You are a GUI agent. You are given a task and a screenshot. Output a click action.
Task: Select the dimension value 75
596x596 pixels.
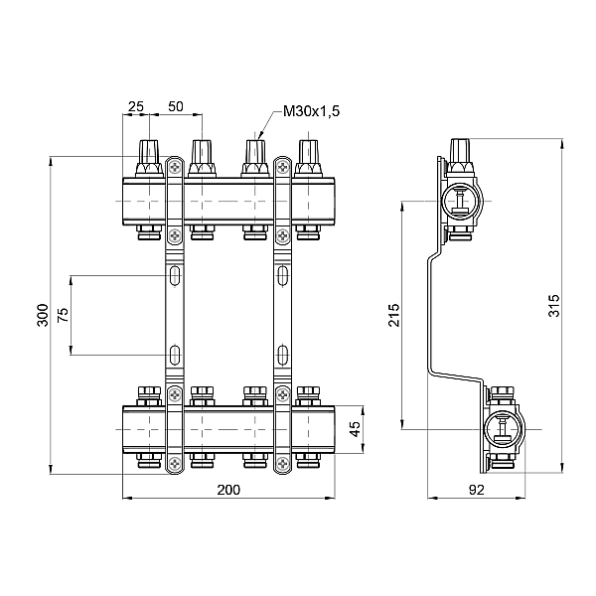click(65, 314)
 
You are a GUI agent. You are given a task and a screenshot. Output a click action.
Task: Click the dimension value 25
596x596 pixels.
click(136, 106)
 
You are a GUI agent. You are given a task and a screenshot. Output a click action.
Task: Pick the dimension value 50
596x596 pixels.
click(176, 106)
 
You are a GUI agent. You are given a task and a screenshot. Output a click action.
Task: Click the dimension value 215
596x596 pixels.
click(393, 315)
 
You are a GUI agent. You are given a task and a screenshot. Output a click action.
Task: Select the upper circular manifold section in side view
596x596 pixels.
click(463, 202)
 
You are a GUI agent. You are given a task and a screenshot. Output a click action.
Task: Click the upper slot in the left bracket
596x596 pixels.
click(175, 274)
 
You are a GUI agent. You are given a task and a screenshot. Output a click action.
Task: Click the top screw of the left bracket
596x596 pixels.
click(175, 168)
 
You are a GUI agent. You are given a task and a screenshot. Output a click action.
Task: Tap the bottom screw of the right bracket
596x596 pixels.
click(282, 462)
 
